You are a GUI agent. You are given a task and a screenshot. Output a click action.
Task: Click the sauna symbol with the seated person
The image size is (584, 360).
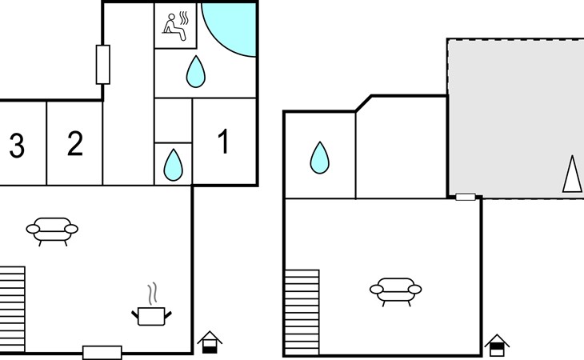176,26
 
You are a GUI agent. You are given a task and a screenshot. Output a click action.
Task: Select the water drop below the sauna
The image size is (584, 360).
195,71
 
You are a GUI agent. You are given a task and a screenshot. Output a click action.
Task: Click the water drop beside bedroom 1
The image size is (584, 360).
173,165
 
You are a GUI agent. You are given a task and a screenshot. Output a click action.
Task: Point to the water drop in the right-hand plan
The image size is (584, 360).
319,158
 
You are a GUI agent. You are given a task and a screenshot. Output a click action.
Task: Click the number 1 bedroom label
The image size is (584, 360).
223,141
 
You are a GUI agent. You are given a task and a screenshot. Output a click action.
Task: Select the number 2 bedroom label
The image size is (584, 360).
75,143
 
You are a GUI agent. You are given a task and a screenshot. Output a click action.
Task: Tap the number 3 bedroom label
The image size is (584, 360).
17,146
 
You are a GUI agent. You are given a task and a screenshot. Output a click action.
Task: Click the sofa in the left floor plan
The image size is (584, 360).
52,231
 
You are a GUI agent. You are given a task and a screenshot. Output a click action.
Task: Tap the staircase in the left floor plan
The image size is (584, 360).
12,310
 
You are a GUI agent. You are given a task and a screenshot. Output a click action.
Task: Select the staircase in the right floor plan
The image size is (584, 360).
302,312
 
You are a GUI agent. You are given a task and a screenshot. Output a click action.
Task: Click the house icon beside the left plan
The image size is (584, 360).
210,342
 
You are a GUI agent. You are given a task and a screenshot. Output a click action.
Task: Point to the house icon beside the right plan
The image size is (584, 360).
497,346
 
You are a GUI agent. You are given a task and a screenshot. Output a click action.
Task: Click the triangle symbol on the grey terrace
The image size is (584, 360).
572,174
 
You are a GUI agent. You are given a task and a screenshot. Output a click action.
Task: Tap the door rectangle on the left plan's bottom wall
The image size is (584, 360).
102,353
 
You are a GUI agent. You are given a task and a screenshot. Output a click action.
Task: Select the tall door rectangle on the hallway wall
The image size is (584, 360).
102,65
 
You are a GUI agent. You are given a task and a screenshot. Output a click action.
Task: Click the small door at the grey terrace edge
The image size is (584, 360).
466,197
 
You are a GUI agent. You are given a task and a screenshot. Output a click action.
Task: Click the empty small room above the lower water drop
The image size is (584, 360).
173,121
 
